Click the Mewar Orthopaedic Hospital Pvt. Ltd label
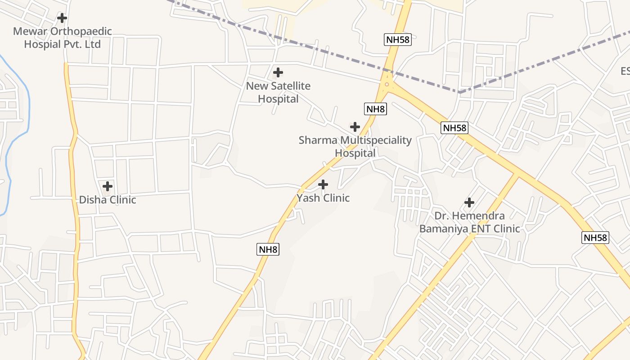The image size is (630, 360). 62,38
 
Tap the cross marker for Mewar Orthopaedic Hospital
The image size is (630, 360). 62,18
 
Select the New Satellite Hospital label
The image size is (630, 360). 278,92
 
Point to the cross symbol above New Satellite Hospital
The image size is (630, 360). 278,72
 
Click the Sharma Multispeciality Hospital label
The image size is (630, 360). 355,147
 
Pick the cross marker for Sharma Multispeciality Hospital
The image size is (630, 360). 355,126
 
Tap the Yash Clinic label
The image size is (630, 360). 323,198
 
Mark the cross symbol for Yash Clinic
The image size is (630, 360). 323,184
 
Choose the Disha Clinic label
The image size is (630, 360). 108,200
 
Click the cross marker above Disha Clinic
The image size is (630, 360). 108,186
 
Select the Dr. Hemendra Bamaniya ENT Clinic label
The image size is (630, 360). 469,222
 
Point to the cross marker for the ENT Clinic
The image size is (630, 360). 469,202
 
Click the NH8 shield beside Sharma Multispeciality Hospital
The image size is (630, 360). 375,108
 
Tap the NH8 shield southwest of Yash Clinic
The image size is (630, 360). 268,249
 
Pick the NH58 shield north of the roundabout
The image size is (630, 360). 398,40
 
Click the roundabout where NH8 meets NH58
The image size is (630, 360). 387,84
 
